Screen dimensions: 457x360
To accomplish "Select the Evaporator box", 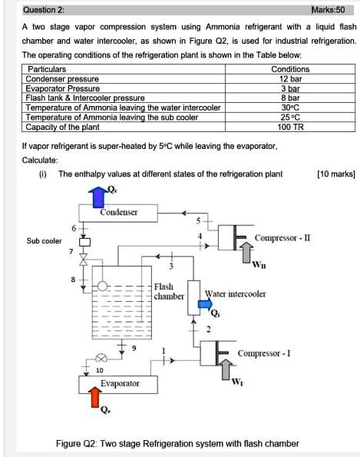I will (109, 382).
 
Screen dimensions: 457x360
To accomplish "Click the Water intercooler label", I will (235, 293).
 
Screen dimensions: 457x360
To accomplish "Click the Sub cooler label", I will (45, 240).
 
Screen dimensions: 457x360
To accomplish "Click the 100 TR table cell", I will (291, 127).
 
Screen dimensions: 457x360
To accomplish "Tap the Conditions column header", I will (291, 69).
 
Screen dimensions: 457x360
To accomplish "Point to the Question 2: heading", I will (44, 11).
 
